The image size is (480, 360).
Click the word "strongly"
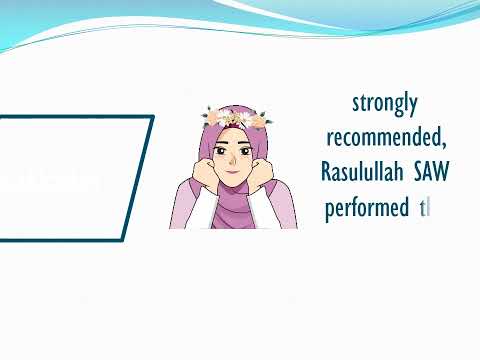[x=385, y=103]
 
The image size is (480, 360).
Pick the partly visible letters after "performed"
[x=424, y=210]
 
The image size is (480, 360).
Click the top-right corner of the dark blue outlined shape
[x=152, y=117]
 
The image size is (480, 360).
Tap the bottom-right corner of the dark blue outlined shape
[x=122, y=240]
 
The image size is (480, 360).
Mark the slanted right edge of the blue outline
[x=137, y=180]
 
